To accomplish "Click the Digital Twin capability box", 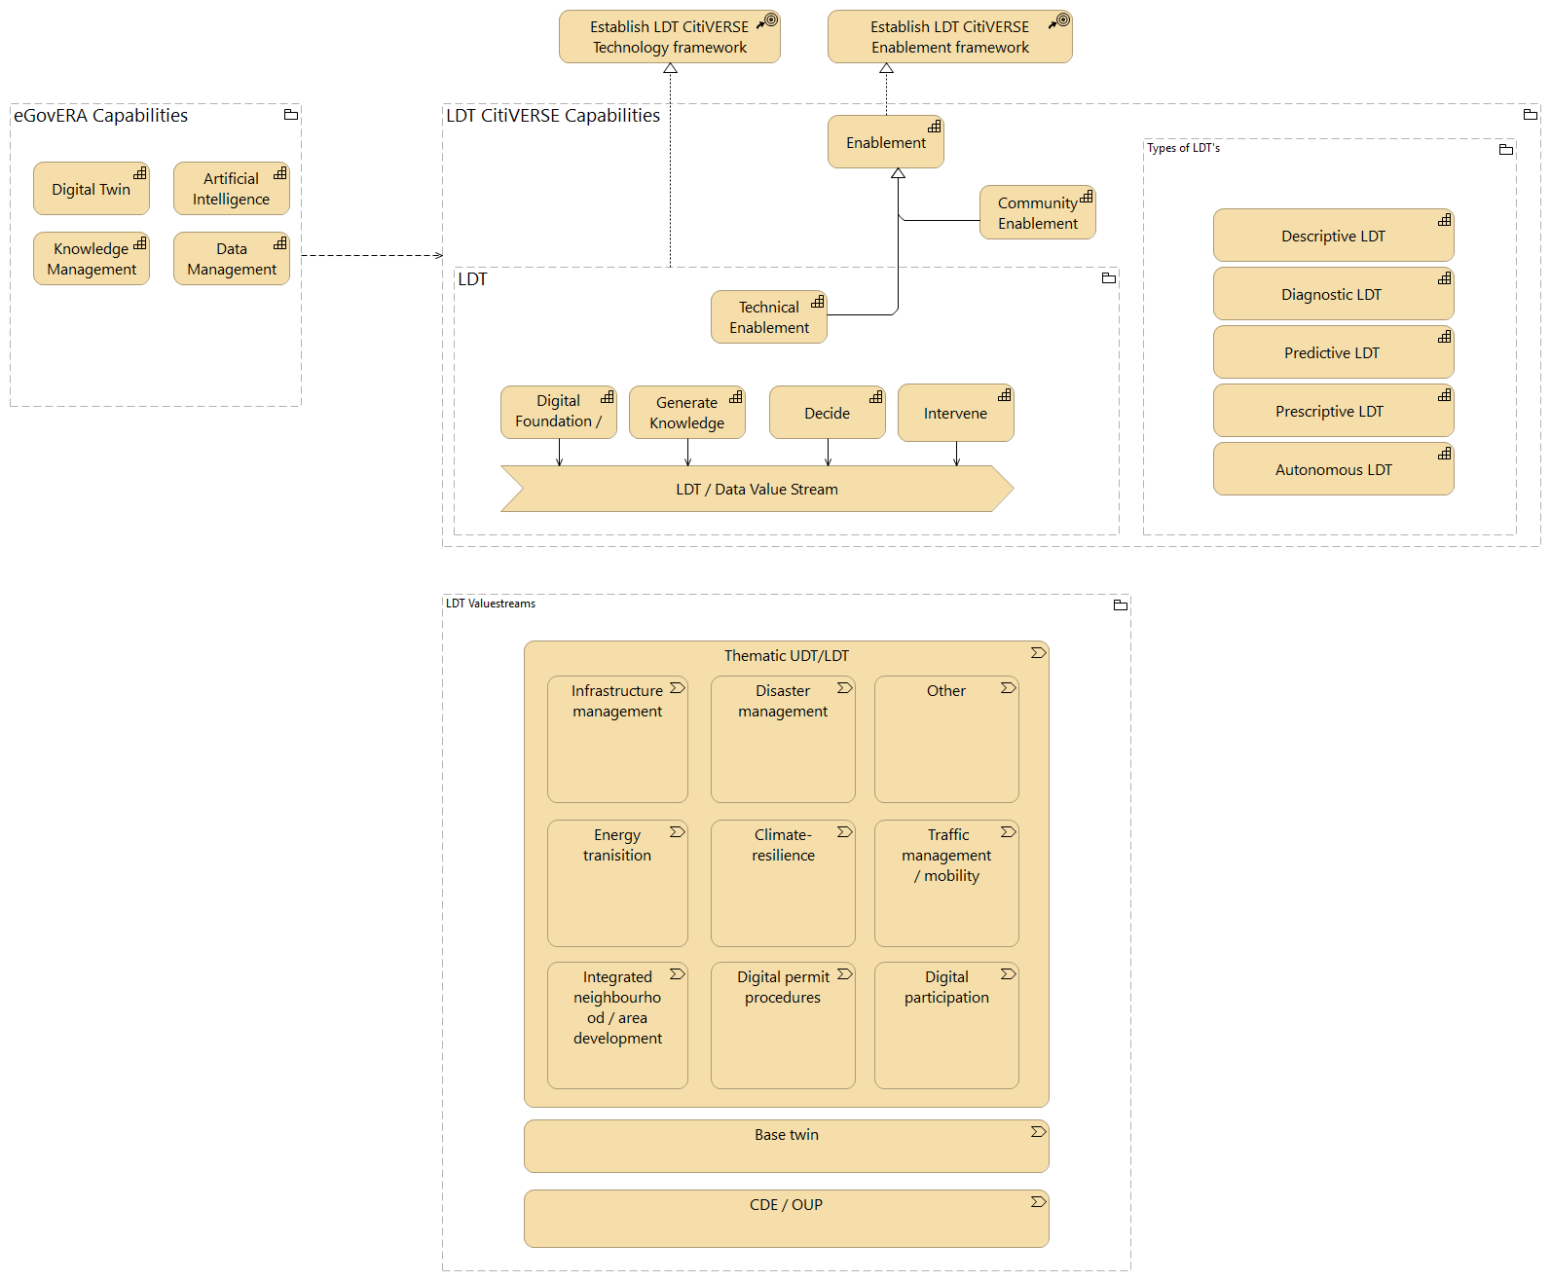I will click(91, 189).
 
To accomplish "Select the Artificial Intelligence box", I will click(231, 189).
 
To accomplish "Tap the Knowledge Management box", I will click(91, 259).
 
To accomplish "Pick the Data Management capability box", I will click(231, 259).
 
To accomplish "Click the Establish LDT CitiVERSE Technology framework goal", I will click(669, 37).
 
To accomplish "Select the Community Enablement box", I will click(1037, 213).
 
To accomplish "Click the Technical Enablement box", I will click(768, 317).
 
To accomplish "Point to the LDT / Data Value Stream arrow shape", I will click(757, 489).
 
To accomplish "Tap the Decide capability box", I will click(827, 413).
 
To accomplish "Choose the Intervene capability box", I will click(955, 413).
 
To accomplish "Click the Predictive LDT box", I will click(1332, 352).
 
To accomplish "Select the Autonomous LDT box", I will click(1332, 469).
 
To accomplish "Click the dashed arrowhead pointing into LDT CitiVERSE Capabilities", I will click(439, 256).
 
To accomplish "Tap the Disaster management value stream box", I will click(783, 740).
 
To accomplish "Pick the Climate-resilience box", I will click(783, 883).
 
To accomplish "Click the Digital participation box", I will click(946, 1025).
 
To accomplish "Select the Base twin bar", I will click(786, 1146).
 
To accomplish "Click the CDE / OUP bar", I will click(786, 1218).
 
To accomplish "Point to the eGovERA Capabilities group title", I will click(100, 116).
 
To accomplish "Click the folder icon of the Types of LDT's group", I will click(1505, 149).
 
